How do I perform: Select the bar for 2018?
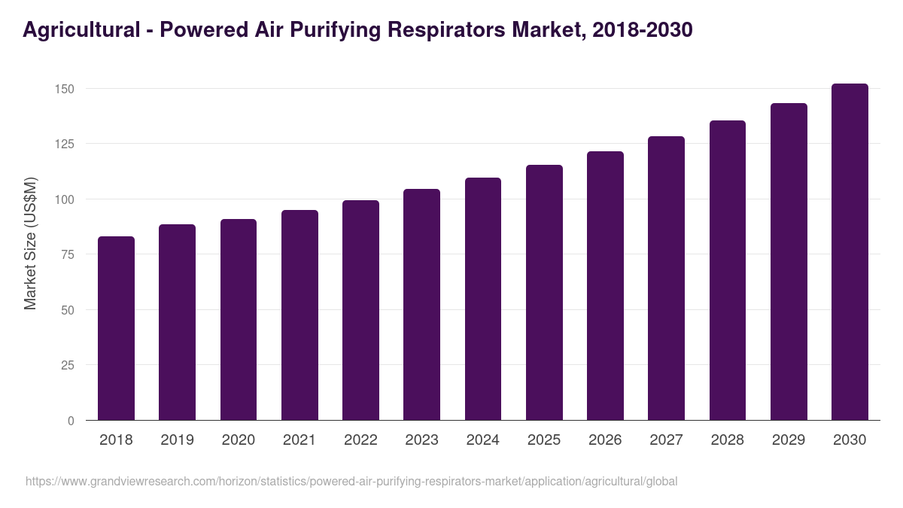coord(116,328)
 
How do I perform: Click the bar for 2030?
coord(850,252)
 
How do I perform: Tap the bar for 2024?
coord(483,299)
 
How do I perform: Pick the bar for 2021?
coord(299,315)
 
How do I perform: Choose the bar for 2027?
coord(666,278)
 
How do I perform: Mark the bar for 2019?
coord(177,322)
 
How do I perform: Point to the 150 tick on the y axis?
coord(65,89)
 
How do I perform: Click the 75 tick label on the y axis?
coord(68,254)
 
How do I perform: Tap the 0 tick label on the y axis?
coord(71,421)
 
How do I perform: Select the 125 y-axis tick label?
coord(65,144)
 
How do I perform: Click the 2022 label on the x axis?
coord(360,440)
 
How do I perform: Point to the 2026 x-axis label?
coord(605,440)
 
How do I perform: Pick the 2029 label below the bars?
coord(789,440)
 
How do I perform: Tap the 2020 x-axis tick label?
coord(238,440)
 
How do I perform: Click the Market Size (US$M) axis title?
coord(30,243)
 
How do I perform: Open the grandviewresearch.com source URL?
coord(351,481)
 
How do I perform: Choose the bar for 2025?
coord(544,292)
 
